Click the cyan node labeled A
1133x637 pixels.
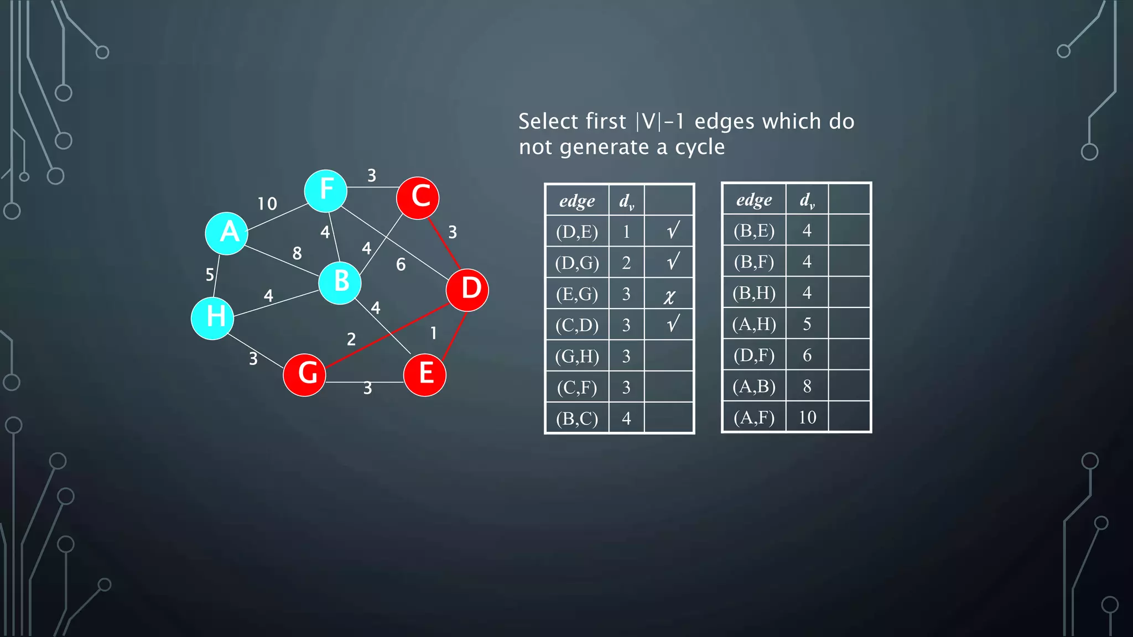[226, 233]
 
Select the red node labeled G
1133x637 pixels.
[304, 375]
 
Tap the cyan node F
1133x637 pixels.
[326, 191]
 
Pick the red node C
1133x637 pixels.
[418, 198]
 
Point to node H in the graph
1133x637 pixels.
[212, 318]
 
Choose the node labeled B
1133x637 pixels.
[340, 283]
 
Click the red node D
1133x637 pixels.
[467, 290]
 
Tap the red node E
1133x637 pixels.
[424, 375]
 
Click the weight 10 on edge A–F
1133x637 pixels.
[267, 204]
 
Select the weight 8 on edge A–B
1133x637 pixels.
[297, 253]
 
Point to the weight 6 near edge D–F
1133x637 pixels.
[401, 265]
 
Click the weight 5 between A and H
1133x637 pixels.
[210, 274]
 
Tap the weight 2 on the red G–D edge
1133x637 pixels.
[351, 339]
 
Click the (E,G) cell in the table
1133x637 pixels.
[577, 294]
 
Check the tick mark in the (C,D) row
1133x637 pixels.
[673, 324]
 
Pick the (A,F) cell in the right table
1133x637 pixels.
[753, 417]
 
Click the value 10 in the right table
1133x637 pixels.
[807, 417]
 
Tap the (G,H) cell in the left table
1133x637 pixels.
[577, 356]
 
